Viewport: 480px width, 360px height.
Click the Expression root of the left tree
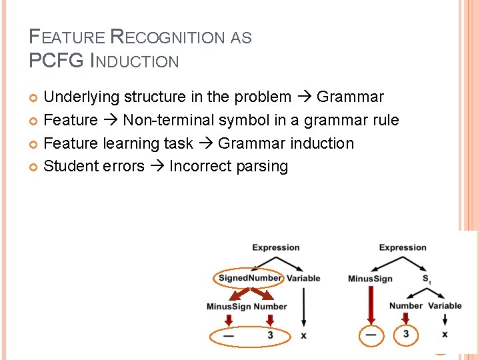point(276,248)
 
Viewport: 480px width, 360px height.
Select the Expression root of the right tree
point(403,248)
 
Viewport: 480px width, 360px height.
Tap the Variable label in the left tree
point(304,278)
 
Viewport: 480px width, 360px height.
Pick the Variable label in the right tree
point(445,306)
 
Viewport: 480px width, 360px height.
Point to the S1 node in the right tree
point(427,279)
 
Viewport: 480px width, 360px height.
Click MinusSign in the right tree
point(370,279)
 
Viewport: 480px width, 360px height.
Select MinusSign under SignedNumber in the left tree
point(229,307)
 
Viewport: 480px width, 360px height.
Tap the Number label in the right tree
point(406,306)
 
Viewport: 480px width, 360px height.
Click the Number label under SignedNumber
point(270,307)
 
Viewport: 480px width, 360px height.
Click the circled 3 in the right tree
point(405,333)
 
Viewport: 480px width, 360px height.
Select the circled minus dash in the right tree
point(371,334)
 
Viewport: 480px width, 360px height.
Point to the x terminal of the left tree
point(303,335)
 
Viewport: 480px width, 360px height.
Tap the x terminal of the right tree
point(445,334)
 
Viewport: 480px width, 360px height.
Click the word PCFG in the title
point(52,61)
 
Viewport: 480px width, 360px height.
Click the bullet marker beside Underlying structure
point(35,98)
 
